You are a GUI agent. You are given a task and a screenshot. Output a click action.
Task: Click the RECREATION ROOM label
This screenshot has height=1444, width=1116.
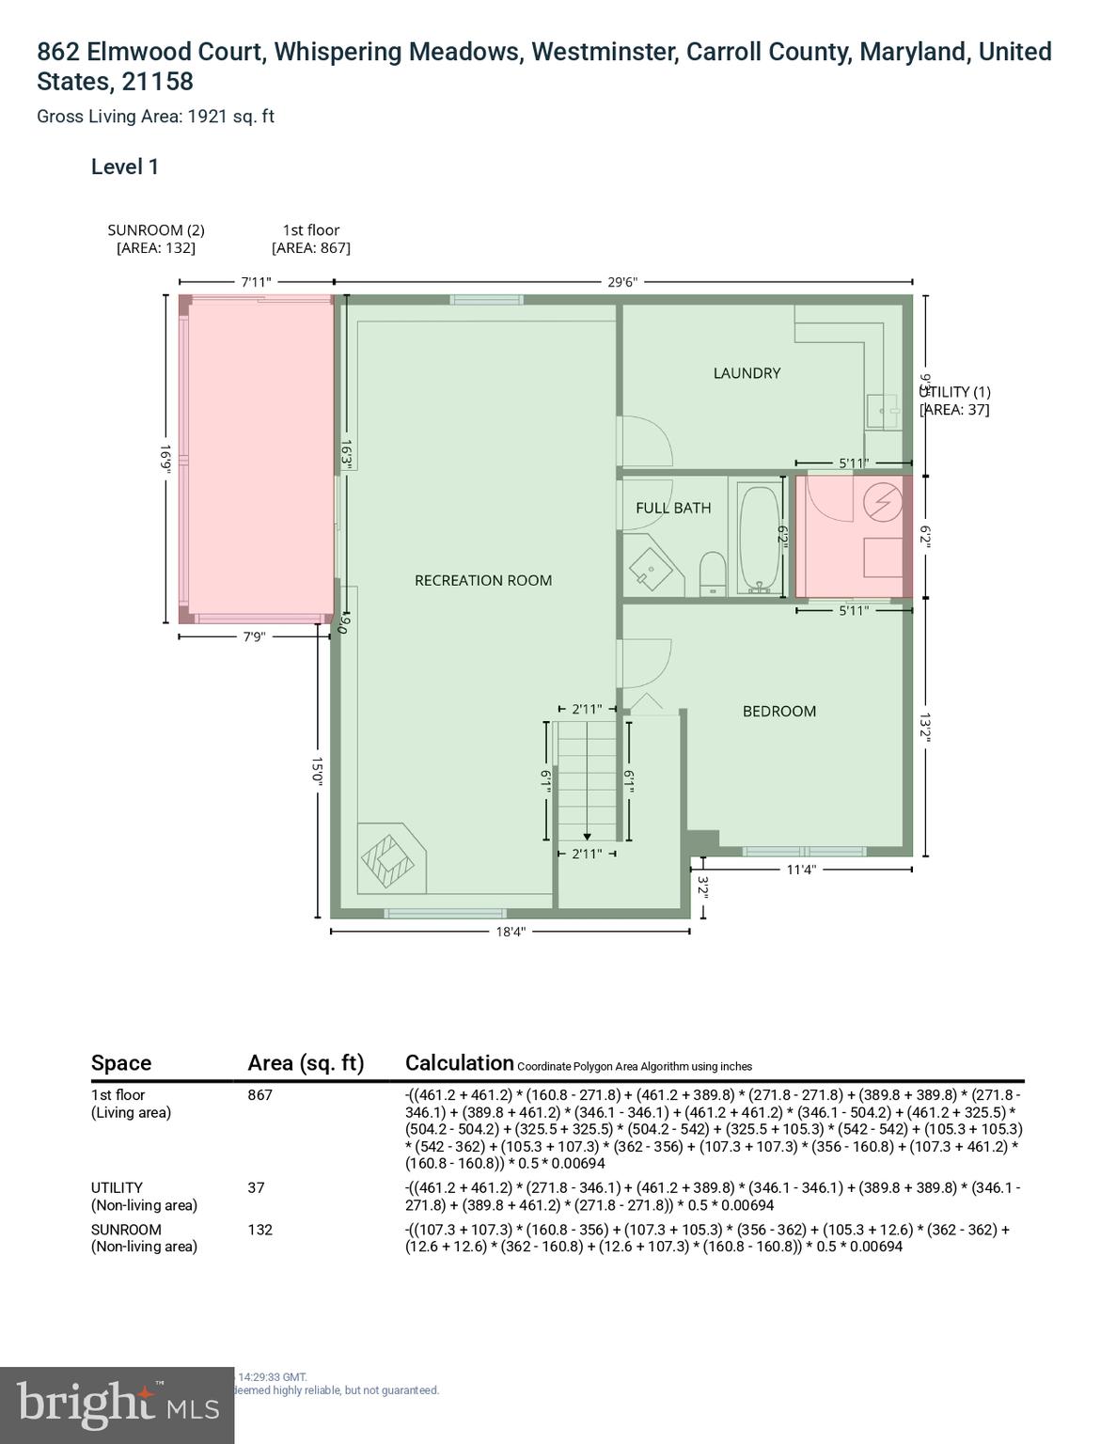tap(483, 580)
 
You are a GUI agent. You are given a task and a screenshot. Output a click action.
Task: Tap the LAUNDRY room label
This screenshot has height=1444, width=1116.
tap(747, 373)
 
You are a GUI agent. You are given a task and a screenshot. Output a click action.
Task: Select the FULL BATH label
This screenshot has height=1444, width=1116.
tap(673, 508)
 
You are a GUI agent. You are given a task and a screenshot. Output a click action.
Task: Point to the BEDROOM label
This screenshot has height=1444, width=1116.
tap(779, 711)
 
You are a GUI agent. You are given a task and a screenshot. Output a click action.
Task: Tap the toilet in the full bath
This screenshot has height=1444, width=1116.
tap(713, 573)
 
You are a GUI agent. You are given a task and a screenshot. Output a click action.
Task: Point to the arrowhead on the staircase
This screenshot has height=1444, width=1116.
tap(587, 836)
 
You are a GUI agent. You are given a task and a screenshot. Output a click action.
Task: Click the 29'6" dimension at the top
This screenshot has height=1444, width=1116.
tap(622, 281)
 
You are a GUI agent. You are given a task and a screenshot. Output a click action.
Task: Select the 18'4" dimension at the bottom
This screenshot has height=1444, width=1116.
tap(511, 932)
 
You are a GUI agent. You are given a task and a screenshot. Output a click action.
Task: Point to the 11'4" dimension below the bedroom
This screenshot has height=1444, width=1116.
tap(801, 870)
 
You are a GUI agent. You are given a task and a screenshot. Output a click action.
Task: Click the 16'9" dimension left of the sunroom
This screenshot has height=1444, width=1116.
tap(165, 459)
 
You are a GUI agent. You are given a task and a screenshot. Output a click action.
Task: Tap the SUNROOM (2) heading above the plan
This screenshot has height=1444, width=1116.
tap(156, 230)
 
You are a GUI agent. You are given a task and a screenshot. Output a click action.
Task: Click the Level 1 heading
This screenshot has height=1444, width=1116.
tap(125, 167)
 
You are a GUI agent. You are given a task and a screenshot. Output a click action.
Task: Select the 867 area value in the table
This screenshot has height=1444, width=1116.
tap(260, 1094)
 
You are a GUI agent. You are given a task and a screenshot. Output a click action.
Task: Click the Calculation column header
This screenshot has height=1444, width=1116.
tap(459, 1063)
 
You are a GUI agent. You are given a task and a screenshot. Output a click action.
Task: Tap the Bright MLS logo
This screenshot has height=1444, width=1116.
tap(118, 1405)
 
